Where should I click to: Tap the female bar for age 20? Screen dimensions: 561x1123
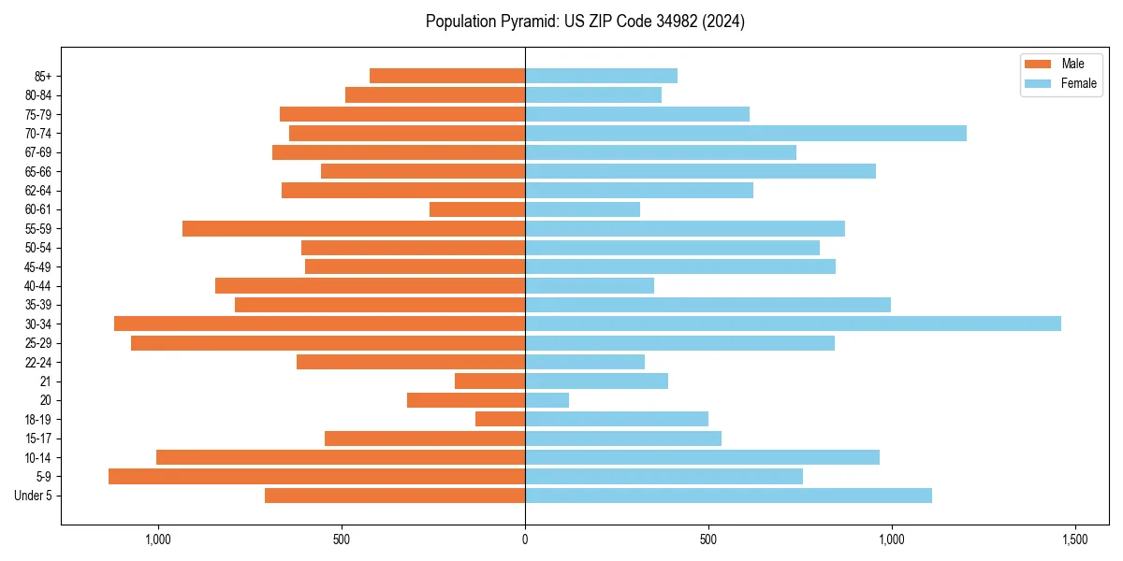[x=547, y=400]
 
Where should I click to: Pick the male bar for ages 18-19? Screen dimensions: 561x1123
[x=500, y=419]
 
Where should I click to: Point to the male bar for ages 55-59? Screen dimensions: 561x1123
[x=354, y=228]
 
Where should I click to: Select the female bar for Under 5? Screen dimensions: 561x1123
[x=728, y=496]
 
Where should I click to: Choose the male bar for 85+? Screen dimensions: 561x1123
[x=447, y=76]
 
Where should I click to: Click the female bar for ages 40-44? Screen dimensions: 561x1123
[x=590, y=285]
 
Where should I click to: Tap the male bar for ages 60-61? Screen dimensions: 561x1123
[x=477, y=209]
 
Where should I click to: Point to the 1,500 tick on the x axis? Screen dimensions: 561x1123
[x=1074, y=539]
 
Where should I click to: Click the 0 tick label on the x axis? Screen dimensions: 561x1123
[x=525, y=539]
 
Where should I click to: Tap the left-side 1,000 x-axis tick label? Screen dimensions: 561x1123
[x=157, y=539]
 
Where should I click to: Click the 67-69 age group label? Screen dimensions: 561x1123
[x=38, y=152]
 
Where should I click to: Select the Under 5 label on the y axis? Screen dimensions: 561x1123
[x=34, y=496]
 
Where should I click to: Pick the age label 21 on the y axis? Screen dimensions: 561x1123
[x=46, y=381]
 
